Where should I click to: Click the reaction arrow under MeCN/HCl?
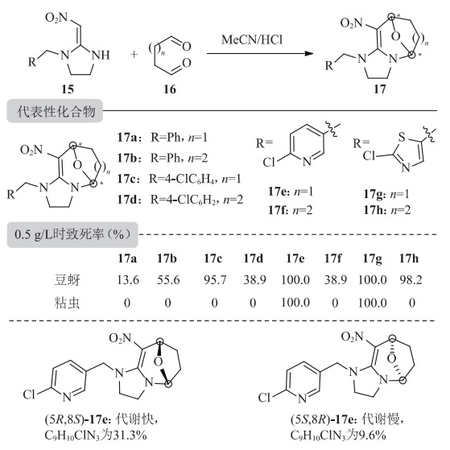tap(260, 53)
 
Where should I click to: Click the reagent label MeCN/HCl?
tap(252, 39)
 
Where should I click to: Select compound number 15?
tap(68, 89)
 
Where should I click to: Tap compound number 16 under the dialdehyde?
tap(170, 89)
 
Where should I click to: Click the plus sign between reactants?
tap(134, 54)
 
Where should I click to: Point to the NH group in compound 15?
tap(101, 55)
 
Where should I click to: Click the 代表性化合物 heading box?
tap(55, 111)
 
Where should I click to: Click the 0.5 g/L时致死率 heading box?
tap(72, 235)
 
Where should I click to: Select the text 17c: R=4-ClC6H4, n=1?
tap(179, 179)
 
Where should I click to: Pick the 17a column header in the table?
tap(127, 258)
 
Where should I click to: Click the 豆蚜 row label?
tap(67, 280)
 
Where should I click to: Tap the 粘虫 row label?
tap(67, 303)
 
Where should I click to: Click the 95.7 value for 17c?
tap(215, 280)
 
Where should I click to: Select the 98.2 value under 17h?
tap(411, 280)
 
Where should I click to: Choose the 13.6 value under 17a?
tap(128, 280)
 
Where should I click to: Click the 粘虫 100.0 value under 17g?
tap(372, 303)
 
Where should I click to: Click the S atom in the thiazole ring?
tap(402, 137)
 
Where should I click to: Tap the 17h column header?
tap(409, 258)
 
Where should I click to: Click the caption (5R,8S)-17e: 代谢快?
tap(101, 419)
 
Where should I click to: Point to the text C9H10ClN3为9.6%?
tap(338, 436)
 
